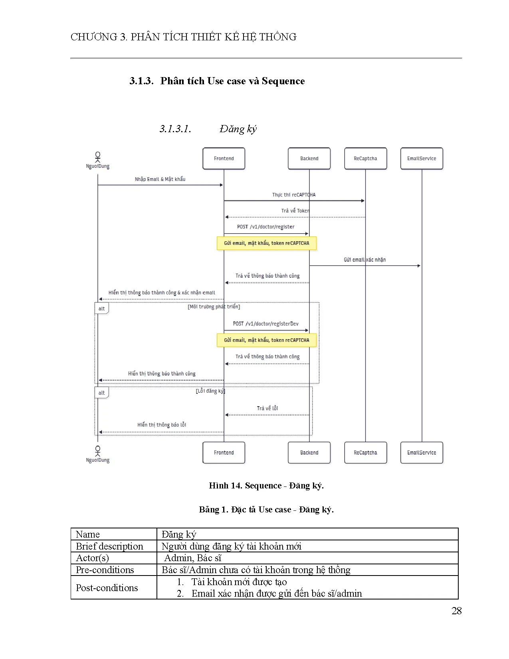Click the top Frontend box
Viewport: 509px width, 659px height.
coord(224,159)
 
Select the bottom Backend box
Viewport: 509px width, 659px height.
coord(309,453)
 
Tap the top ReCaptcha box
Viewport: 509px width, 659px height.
coord(365,159)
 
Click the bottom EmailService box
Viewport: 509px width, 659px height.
coord(422,453)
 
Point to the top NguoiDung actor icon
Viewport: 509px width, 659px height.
coord(98,157)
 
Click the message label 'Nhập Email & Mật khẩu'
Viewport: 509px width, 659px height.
coord(160,179)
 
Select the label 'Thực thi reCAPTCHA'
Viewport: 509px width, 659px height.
coord(294,195)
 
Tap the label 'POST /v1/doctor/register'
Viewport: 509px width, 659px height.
coord(265,227)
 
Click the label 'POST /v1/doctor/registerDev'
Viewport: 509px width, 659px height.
coord(265,324)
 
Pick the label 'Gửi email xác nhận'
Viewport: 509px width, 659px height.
coord(364,260)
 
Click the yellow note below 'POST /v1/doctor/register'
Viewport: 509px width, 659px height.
coord(266,243)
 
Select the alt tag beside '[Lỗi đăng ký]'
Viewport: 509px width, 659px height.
coord(101,393)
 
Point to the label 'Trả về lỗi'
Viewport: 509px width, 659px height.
coord(267,408)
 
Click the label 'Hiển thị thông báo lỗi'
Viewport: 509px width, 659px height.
coord(162,425)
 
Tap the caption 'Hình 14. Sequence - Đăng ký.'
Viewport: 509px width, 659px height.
coord(266,486)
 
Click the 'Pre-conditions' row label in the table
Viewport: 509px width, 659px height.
coord(105,570)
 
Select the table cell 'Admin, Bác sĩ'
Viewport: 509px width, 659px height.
coord(193,558)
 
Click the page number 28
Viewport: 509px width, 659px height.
coord(456,611)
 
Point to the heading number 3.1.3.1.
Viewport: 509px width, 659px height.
coord(175,129)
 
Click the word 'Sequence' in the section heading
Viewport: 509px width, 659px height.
coord(283,81)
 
